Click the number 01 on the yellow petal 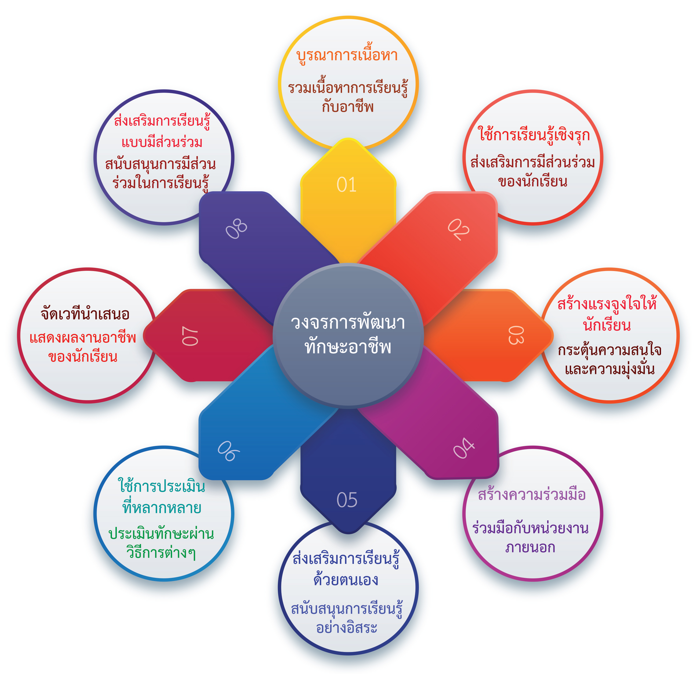pos(346,185)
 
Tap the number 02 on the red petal pos(458,229)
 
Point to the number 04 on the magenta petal pos(464,448)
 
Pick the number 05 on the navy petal pos(347,500)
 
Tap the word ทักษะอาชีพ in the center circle pos(348,347)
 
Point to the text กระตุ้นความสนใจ pos(609,350)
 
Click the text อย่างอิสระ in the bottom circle pos(347,627)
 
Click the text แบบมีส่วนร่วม pos(162,142)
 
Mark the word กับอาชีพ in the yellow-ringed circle pos(347,107)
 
